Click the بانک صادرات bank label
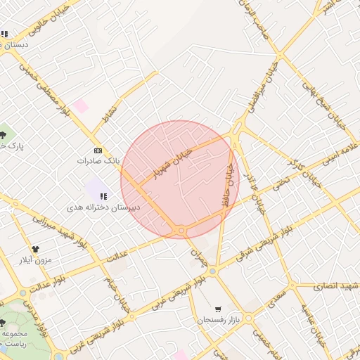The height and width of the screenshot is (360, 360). point(98,161)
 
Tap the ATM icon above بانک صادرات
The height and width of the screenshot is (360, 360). point(98,150)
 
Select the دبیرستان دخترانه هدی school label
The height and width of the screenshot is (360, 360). point(104,207)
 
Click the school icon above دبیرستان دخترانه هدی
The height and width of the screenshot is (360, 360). point(104,196)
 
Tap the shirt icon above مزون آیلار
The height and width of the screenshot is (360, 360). point(37,248)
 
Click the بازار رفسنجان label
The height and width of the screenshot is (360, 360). point(218,320)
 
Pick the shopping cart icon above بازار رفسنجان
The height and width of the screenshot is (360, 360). point(219,309)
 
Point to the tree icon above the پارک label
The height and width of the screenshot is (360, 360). point(4,134)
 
